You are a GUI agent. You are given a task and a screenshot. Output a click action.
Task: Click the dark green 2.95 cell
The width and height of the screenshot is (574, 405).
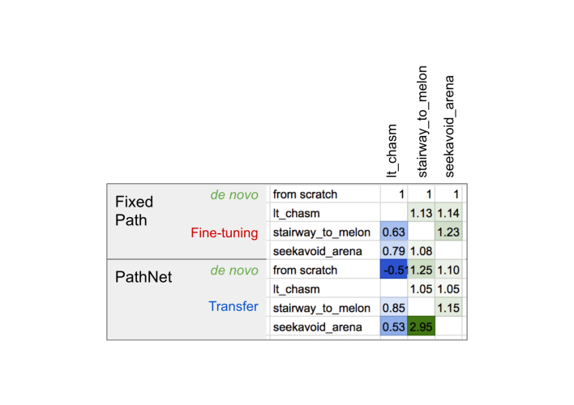(422, 326)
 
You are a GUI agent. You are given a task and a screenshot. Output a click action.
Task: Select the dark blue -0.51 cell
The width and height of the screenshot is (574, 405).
(393, 270)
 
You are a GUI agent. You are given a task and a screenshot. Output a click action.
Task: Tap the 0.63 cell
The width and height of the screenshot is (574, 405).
(393, 232)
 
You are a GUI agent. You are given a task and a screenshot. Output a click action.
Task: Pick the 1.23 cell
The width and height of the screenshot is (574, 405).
(448, 232)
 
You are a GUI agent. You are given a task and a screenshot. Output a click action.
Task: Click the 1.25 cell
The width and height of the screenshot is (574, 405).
(422, 270)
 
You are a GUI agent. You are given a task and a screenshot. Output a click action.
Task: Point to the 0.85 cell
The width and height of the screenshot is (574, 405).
(393, 308)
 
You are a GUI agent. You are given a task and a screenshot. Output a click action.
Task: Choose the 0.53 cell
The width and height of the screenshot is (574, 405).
(393, 326)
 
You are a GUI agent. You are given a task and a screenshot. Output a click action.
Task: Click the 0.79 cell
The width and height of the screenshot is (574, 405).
(393, 251)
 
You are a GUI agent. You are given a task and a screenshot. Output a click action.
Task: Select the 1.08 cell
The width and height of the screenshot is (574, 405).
(422, 251)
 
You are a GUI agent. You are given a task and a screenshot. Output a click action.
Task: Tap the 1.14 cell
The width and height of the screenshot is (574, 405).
(448, 213)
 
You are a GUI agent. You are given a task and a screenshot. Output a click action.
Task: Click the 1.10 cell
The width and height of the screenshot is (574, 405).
(448, 270)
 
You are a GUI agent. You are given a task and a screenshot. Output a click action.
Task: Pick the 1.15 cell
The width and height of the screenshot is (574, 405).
(448, 308)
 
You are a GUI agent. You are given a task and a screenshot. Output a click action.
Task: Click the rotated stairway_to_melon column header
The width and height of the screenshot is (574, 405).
(422, 122)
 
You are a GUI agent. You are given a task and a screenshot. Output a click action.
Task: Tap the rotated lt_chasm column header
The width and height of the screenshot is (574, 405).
(392, 151)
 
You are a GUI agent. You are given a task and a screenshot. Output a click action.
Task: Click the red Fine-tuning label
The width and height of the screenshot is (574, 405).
(224, 233)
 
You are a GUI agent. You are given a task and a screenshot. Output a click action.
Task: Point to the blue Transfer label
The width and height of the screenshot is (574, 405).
(233, 307)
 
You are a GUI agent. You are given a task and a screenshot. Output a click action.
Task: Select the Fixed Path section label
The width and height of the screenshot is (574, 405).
(135, 210)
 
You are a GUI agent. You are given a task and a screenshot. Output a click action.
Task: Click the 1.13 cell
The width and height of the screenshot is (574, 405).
(422, 213)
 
